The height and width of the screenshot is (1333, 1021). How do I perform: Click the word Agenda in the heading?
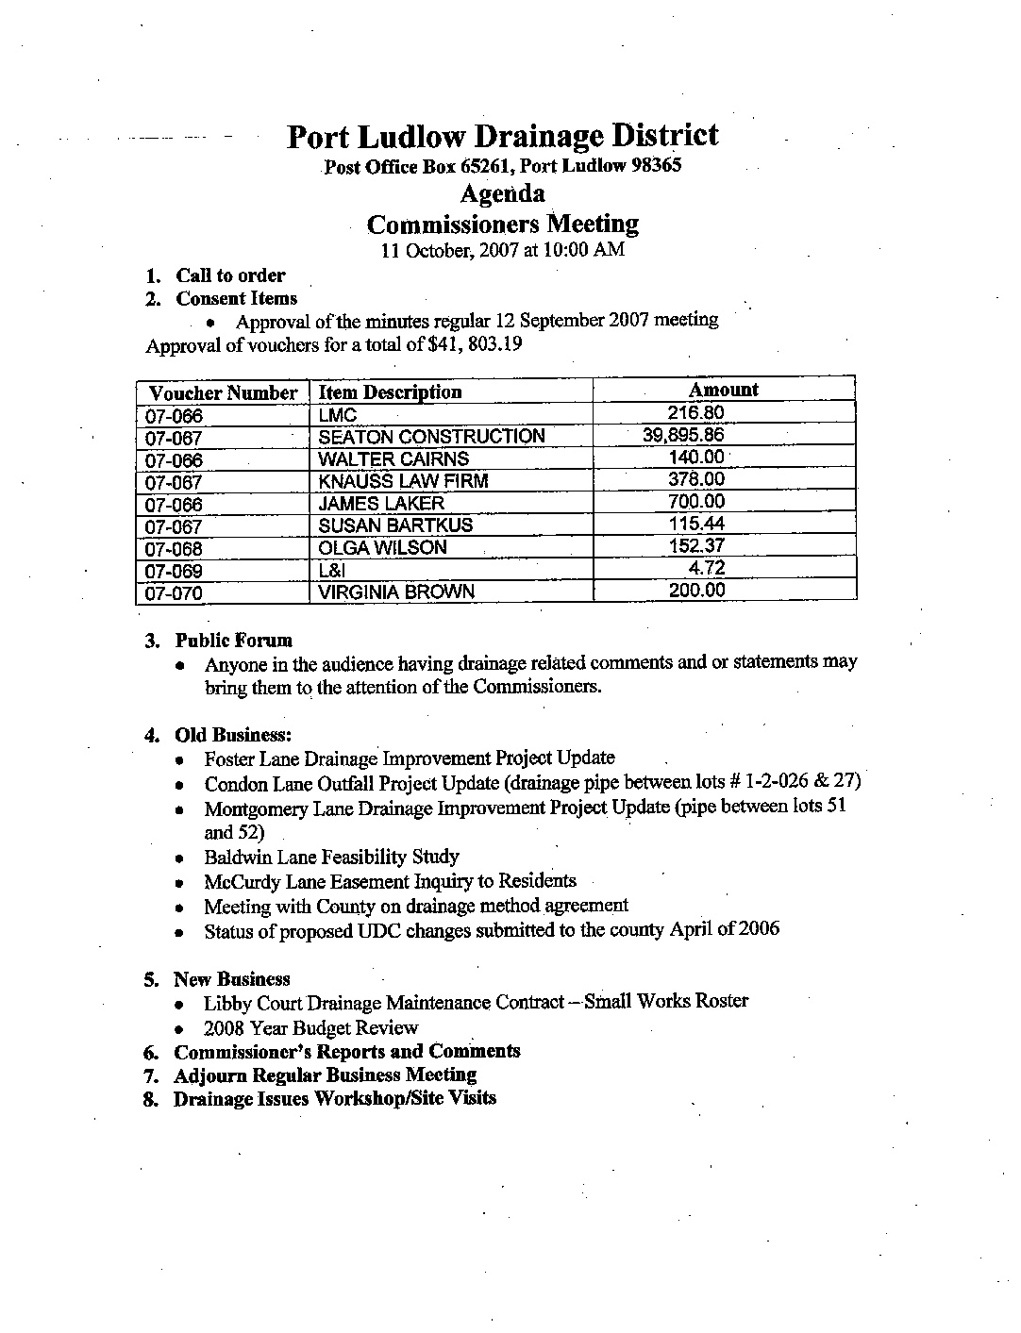pos(502,194)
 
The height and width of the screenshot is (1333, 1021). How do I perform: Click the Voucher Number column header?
pos(223,393)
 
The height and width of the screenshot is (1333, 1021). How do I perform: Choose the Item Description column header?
pos(390,392)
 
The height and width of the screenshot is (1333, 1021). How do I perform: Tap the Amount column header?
pos(723,390)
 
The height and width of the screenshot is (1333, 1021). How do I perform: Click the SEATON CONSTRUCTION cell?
pos(431,437)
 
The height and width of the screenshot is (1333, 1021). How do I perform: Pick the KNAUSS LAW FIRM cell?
pos(403,481)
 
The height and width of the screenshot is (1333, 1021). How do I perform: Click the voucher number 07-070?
pos(175,593)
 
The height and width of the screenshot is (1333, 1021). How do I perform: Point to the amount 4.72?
pos(706,568)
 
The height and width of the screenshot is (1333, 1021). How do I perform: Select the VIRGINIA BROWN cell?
pos(396,592)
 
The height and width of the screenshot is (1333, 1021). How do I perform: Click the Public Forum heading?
pos(234,641)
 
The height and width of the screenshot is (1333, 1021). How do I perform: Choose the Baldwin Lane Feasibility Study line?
pos(331,858)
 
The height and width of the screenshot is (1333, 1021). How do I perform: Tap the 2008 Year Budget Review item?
pos(310,1028)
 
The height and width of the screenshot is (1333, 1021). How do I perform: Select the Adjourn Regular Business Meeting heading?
pos(326,1075)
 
